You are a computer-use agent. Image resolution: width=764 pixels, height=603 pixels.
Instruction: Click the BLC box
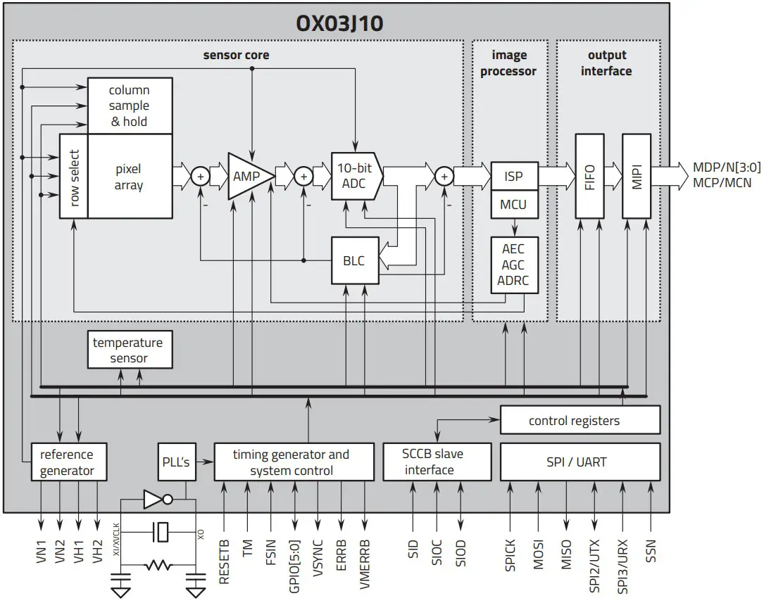coord(354,261)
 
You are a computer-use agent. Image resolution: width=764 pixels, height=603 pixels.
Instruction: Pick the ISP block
coord(514,176)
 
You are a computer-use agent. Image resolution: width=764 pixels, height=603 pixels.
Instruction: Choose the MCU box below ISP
coord(514,205)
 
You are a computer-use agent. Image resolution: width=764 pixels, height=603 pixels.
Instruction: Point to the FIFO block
coord(589,176)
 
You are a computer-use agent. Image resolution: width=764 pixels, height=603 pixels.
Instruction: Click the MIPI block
coord(637,176)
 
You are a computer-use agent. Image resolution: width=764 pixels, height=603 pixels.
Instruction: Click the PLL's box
coord(175,462)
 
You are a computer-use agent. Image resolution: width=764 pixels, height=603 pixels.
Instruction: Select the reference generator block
coord(67,462)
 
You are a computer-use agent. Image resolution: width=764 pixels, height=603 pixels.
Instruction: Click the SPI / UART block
coord(580,462)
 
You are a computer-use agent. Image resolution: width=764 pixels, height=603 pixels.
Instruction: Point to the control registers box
coord(580,420)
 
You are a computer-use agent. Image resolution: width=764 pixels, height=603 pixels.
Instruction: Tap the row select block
coord(73,176)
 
